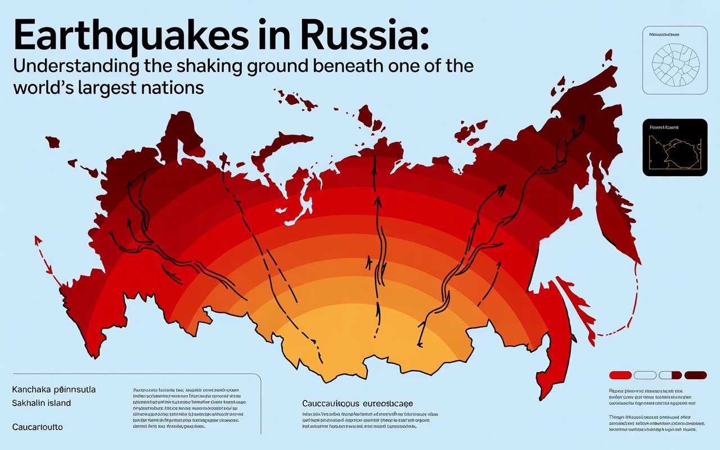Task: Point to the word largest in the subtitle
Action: click(112, 88)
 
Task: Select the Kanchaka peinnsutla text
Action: click(53, 389)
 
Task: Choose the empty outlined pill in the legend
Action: click(645, 375)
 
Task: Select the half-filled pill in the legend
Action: click(670, 375)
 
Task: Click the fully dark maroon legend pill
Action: click(695, 375)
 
